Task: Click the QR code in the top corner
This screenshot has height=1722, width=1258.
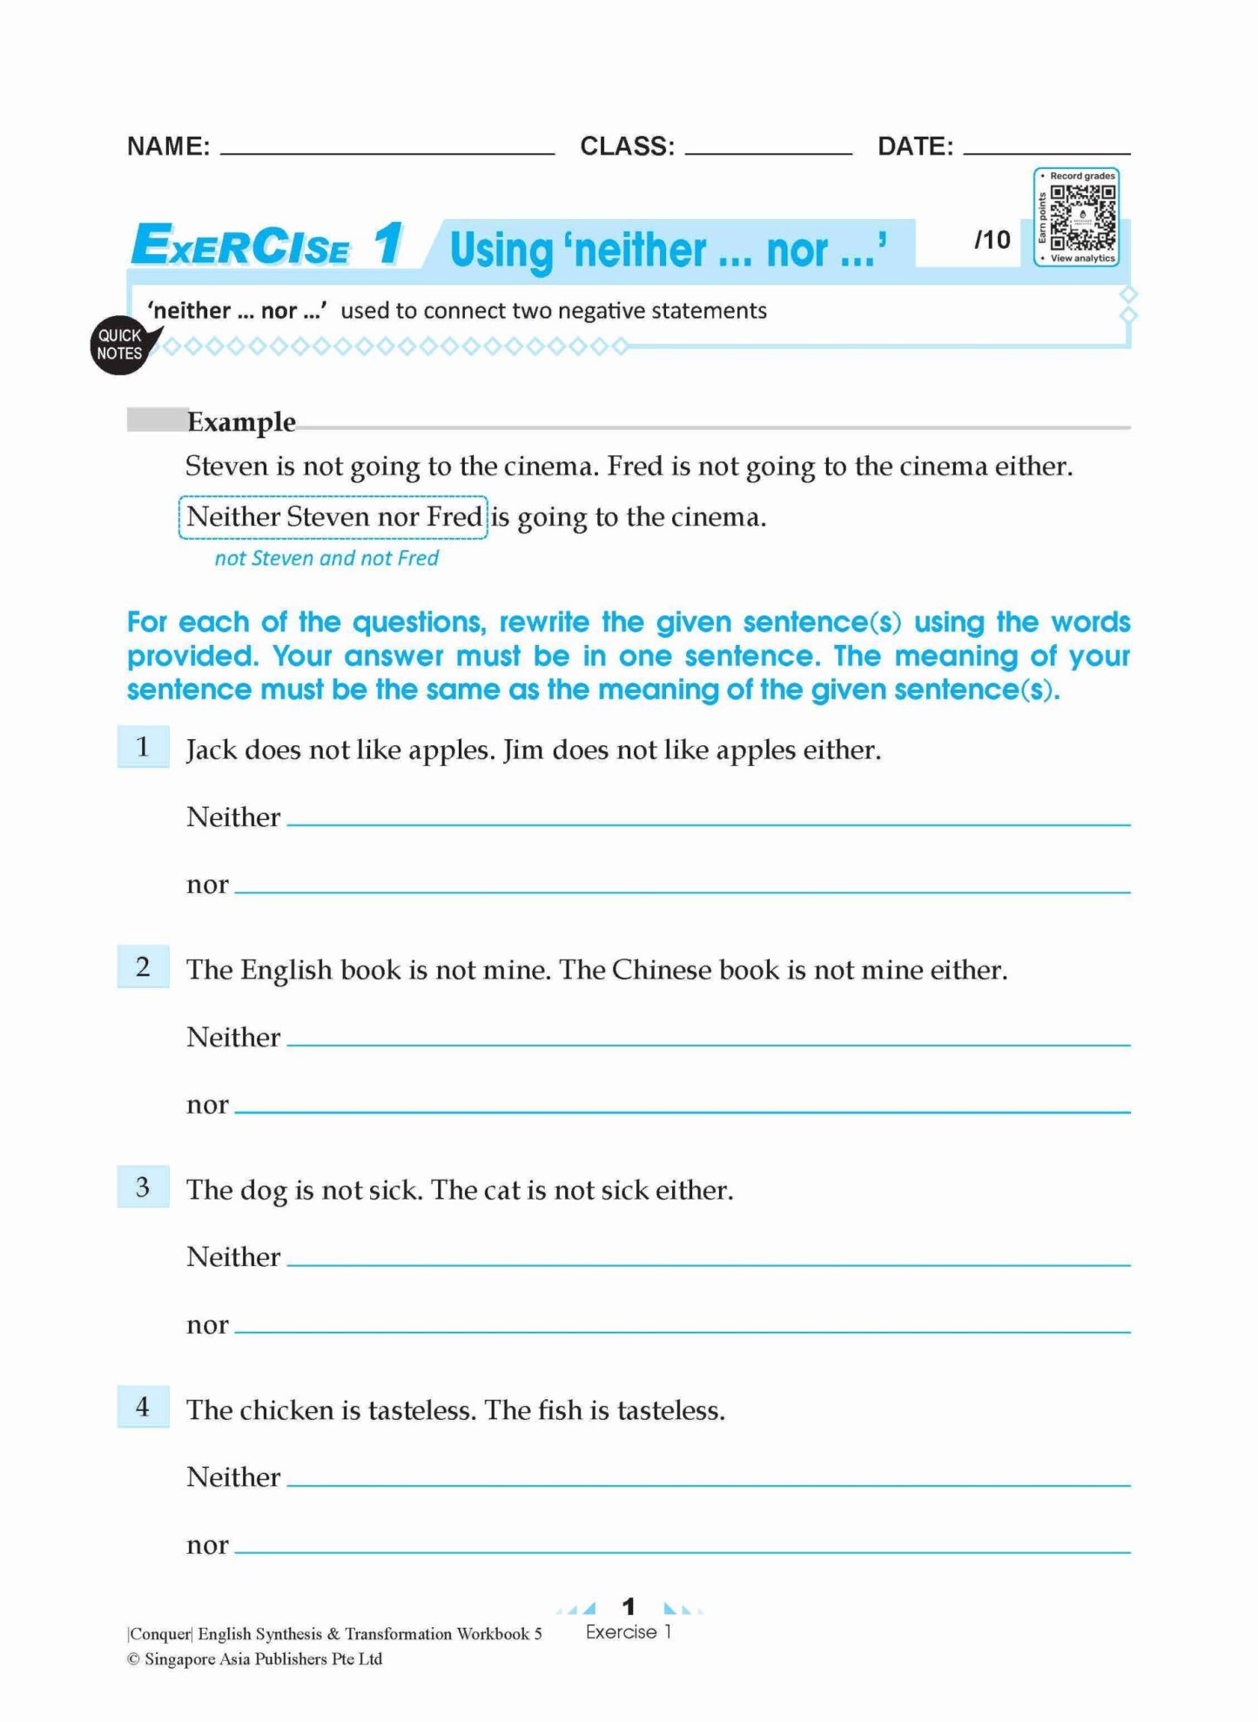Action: [1081, 217]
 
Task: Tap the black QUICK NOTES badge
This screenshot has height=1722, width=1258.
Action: [120, 345]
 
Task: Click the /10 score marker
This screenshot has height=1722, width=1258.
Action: [992, 239]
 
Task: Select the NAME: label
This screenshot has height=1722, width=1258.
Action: [168, 146]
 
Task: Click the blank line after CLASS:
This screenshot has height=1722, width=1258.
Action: [768, 150]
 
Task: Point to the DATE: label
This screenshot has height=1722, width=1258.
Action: [915, 146]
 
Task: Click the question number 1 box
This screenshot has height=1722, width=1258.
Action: [144, 747]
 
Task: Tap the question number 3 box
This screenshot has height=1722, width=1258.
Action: [144, 1187]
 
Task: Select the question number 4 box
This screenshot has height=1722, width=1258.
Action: [144, 1407]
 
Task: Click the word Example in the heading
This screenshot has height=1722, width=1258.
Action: [241, 422]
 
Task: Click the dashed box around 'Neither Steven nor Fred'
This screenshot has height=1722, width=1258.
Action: [333, 517]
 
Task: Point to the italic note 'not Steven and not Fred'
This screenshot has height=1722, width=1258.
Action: [326, 558]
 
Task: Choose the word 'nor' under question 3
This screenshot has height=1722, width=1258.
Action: [207, 1325]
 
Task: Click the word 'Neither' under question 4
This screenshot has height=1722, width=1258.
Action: [233, 1477]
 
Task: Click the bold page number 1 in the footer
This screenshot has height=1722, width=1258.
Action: [629, 1605]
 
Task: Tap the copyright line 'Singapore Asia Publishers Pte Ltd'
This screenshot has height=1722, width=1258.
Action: [263, 1659]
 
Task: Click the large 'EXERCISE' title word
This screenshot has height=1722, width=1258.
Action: [241, 245]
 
